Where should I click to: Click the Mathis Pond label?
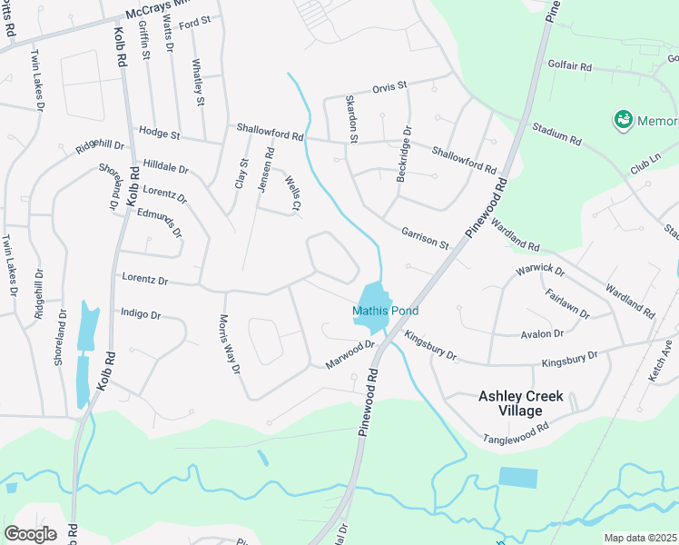pyautogui.click(x=385, y=311)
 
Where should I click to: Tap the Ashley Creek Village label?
pyautogui.click(x=521, y=403)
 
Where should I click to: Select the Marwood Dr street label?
pyautogui.click(x=350, y=355)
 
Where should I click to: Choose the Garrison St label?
pyautogui.click(x=425, y=238)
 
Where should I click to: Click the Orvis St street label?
pyautogui.click(x=391, y=88)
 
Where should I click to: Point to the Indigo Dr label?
pyautogui.click(x=141, y=314)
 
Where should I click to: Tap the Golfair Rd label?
pyautogui.click(x=569, y=66)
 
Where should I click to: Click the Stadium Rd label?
pyautogui.click(x=556, y=133)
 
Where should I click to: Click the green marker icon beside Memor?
pyautogui.click(x=623, y=119)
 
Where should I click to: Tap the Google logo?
pyautogui.click(x=30, y=533)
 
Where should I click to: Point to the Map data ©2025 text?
pyautogui.click(x=641, y=538)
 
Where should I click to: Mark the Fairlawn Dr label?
pyautogui.click(x=567, y=303)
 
